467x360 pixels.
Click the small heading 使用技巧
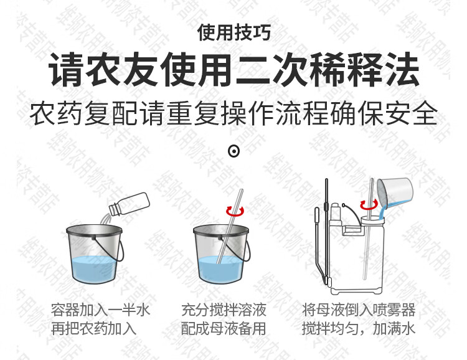(x=233, y=32)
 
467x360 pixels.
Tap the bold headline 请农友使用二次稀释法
(x=234, y=70)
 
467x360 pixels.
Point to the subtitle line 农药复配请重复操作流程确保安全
(x=233, y=113)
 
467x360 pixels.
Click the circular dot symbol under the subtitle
(x=233, y=151)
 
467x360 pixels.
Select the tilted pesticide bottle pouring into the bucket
(x=129, y=204)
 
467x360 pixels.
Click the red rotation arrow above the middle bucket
(x=235, y=211)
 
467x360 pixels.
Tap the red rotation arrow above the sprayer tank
(x=369, y=205)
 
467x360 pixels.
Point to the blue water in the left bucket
(x=93, y=269)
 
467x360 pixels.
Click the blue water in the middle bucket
(x=220, y=269)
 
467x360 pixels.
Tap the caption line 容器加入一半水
(x=100, y=310)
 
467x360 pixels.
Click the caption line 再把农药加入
(x=93, y=329)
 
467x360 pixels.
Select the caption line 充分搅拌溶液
(x=224, y=310)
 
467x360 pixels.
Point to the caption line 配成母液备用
(x=224, y=329)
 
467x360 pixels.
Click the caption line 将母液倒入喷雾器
(x=359, y=310)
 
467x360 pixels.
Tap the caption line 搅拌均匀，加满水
(x=359, y=329)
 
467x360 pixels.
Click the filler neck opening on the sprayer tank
(x=372, y=220)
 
